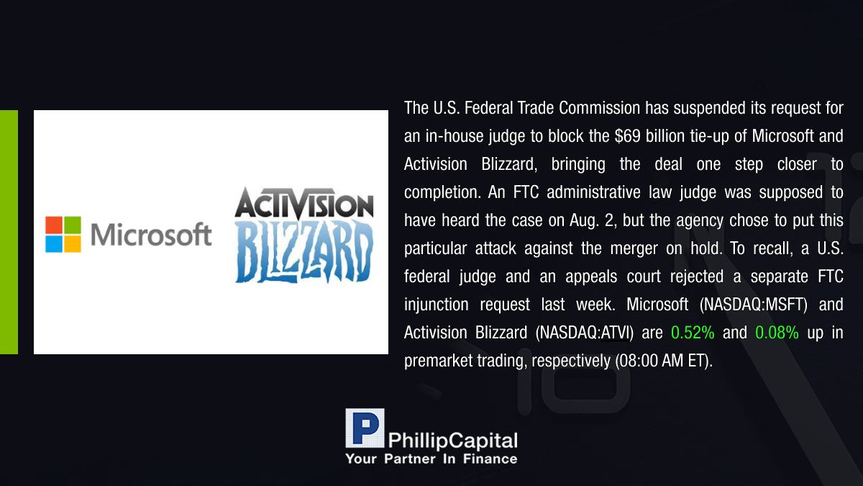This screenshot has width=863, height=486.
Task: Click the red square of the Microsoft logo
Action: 54,225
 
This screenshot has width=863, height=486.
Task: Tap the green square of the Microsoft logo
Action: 73,225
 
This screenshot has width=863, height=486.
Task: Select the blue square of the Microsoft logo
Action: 54,244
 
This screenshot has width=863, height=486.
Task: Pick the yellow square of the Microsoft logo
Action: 73,244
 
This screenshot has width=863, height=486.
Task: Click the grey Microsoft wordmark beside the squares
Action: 151,235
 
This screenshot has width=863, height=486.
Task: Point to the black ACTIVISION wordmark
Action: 304,203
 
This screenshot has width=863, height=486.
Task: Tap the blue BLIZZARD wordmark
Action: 304,252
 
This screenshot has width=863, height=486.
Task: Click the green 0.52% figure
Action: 693,333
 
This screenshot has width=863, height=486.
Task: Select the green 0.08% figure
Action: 777,333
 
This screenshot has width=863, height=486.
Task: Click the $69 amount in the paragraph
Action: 627,136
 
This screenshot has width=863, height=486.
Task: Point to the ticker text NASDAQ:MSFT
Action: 753,305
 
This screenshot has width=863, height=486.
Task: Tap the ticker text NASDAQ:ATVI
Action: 585,333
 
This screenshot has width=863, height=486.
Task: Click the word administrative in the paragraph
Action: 593,192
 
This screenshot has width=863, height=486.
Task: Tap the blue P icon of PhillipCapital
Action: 365,428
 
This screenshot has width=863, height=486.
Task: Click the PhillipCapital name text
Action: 452,441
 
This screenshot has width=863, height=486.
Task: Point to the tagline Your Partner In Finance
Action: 431,459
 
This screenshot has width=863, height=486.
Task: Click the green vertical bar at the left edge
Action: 9,232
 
